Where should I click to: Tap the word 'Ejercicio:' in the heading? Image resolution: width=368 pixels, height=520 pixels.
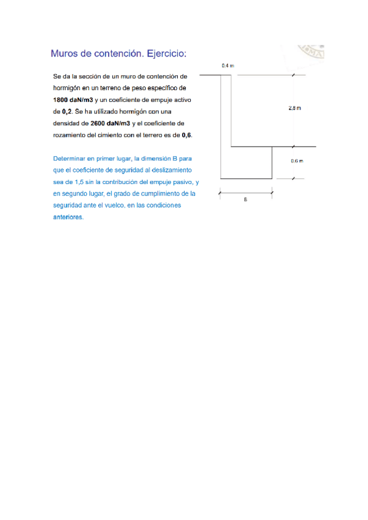pos(166,54)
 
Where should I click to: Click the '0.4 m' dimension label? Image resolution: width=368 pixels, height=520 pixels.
pos(228,65)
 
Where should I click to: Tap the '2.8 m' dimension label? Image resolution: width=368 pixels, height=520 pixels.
pos(294,109)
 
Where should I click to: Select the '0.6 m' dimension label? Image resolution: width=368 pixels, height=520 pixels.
pos(297,161)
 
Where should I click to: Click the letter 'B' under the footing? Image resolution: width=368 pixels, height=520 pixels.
pos(245,200)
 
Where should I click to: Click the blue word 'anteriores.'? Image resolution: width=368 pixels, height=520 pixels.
pos(68,217)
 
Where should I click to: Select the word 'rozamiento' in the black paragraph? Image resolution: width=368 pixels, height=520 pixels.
pos(69,134)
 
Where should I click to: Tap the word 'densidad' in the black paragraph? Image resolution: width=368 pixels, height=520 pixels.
pos(66,123)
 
